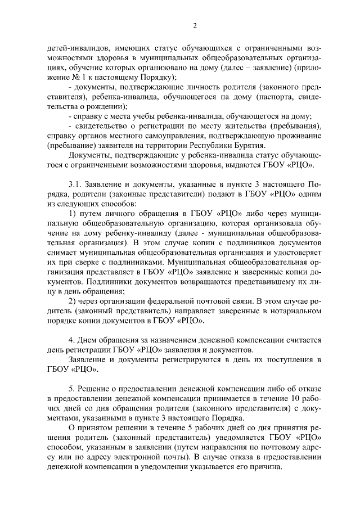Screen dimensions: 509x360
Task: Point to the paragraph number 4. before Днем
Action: tap(71, 340)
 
